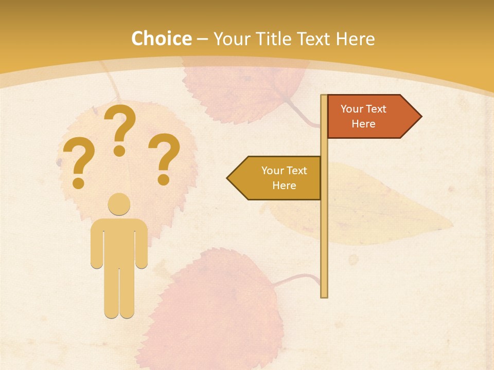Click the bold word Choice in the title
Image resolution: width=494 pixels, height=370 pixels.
tap(161, 39)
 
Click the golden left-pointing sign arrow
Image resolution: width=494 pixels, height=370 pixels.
tap(278, 178)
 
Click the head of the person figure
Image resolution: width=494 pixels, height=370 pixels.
tap(119, 205)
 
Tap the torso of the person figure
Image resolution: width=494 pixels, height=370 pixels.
tap(119, 242)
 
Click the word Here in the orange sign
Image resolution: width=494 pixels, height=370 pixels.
tap(363, 124)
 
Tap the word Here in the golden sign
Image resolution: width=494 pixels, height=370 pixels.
tap(284, 186)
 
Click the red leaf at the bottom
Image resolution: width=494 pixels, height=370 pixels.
tap(216, 308)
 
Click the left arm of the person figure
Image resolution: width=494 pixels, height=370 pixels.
tap(96, 244)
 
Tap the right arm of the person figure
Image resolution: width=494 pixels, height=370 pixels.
tap(142, 244)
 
